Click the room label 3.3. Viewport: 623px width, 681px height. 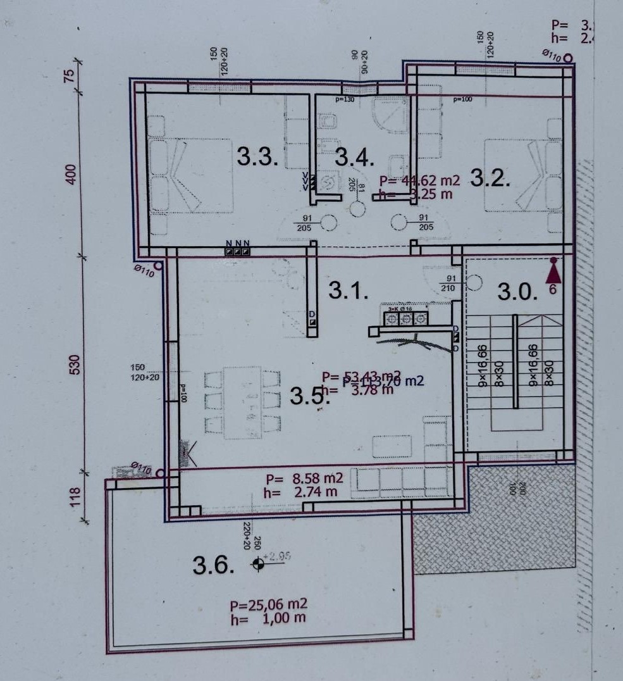tap(257, 156)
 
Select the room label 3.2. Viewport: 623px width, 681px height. tap(490, 179)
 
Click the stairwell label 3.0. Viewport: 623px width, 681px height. tap(517, 292)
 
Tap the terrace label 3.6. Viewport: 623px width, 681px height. tap(214, 565)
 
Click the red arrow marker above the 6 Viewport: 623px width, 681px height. tap(554, 273)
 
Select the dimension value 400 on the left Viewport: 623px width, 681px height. tap(71, 174)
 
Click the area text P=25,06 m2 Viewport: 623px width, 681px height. tap(269, 605)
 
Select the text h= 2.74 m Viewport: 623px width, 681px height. tap(301, 491)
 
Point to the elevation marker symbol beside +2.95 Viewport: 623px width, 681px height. tap(257, 565)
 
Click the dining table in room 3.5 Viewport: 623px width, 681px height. tap(242, 403)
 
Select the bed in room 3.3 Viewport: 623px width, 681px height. tap(190, 175)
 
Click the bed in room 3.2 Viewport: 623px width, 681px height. tap(522, 175)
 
